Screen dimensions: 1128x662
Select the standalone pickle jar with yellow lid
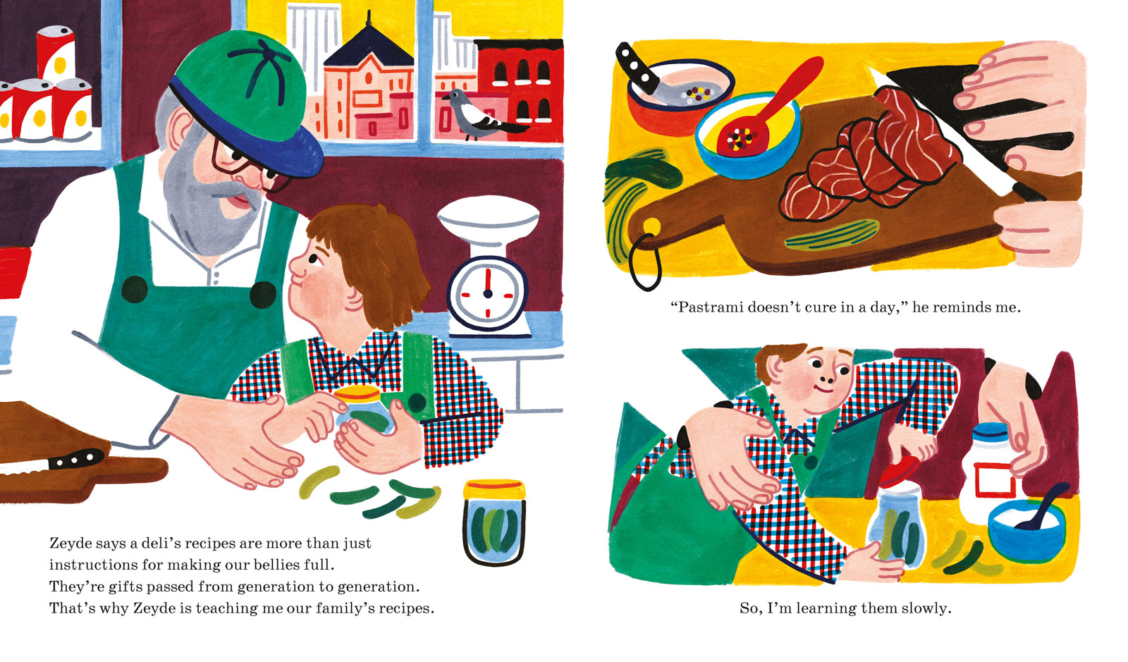pos(494,522)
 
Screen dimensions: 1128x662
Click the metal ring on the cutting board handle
pos(645,262)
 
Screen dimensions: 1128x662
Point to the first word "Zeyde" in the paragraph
pos(70,544)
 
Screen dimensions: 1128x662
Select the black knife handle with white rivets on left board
pos(75,459)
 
